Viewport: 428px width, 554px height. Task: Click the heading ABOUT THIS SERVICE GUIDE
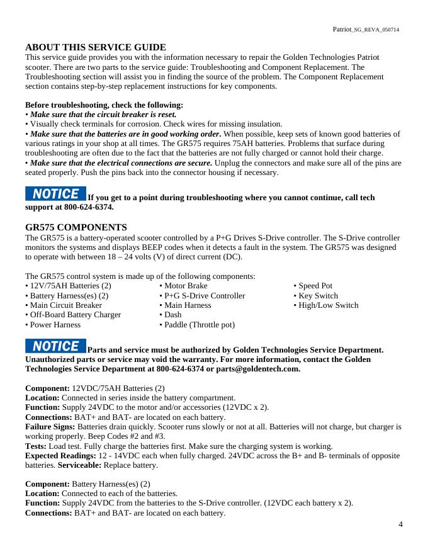coord(96,47)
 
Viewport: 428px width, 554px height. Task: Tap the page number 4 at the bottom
coord(401,524)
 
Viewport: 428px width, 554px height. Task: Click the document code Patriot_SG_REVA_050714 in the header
coord(366,30)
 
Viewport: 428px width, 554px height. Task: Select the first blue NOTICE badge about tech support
coord(55,194)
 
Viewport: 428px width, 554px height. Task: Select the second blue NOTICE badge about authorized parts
coord(55,346)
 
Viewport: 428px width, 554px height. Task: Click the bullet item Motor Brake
coord(186,286)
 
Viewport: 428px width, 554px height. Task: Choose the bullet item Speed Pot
coord(315,286)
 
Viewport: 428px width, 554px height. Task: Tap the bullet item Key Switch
coord(318,296)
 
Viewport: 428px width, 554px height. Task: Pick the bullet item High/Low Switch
coord(328,305)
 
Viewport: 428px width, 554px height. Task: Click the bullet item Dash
coord(172,315)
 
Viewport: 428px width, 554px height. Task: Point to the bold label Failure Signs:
coord(50,427)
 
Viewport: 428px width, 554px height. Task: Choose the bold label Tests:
coord(37,446)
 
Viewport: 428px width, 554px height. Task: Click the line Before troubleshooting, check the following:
coord(104,105)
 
